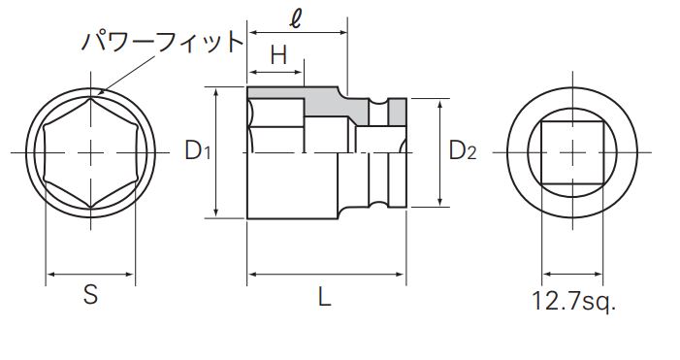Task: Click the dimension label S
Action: tap(90, 295)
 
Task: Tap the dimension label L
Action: tap(324, 297)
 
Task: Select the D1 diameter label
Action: tap(197, 150)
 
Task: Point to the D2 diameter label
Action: tap(463, 150)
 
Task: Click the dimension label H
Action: tap(278, 55)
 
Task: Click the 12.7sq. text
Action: tap(573, 301)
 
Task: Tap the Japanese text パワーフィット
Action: tap(162, 42)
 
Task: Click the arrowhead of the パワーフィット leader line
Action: tap(101, 91)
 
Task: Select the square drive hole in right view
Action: tap(572, 152)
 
